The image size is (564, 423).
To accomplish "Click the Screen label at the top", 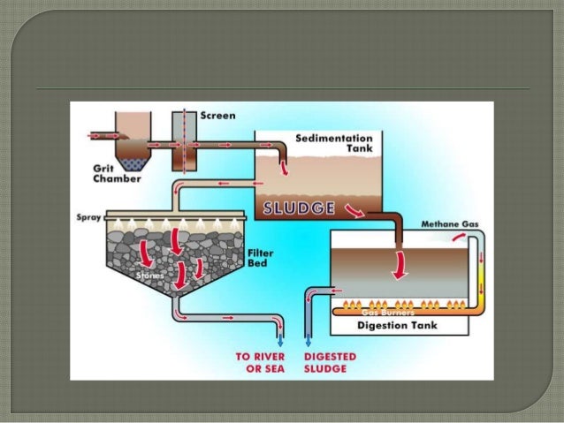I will coord(218,115).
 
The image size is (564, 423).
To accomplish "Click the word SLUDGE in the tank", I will coord(299,208).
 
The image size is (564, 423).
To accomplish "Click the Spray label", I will coord(86,216).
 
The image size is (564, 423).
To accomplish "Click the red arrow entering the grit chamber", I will coord(98,137).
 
